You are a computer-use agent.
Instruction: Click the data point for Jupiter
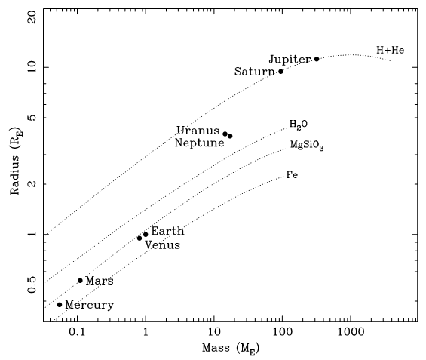[317, 59]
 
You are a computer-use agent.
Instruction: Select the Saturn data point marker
[281, 72]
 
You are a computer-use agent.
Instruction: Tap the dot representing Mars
[80, 281]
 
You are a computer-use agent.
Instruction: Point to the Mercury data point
[60, 305]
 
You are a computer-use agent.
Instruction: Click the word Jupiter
[290, 59]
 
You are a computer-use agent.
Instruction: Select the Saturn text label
[255, 72]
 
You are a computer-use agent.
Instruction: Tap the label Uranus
[198, 131]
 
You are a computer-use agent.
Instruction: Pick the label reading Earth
[167, 231]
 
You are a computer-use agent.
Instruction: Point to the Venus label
[162, 245]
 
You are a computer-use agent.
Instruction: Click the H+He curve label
[391, 51]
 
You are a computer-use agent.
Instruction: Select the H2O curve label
[299, 124]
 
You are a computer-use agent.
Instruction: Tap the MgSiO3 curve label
[307, 145]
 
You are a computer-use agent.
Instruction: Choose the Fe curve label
[292, 175]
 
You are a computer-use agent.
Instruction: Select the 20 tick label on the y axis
[32, 17]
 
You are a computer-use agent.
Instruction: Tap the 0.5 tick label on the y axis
[32, 285]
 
